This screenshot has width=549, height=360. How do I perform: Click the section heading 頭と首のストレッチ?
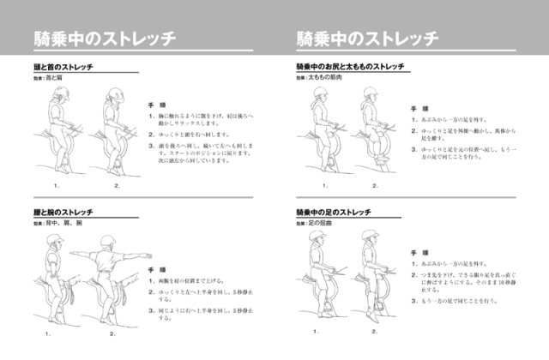pos(64,67)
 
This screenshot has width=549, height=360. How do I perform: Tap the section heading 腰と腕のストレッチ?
pos(64,212)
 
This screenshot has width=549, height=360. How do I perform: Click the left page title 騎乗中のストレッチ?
pos(106,39)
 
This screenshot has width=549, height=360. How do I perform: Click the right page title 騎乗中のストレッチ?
pos(367,39)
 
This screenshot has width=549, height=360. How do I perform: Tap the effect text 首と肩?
pos(55,78)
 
